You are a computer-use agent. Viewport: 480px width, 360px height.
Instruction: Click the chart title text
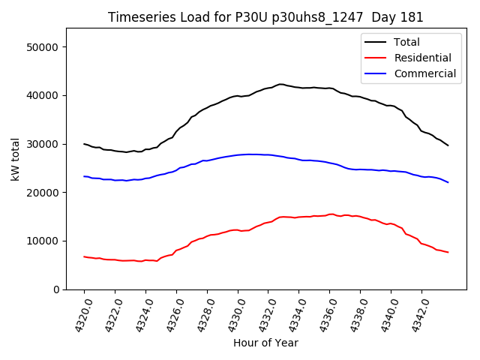point(265,17)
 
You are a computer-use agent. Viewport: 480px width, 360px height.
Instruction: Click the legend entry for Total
point(406,42)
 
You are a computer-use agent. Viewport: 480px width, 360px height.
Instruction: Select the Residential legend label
point(422,58)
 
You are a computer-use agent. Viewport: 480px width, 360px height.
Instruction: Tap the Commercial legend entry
point(424,73)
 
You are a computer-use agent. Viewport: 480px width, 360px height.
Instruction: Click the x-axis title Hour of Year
point(265,343)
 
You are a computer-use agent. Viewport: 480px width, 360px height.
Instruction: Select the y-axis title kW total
point(14,159)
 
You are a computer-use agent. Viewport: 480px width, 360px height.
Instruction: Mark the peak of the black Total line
point(280,84)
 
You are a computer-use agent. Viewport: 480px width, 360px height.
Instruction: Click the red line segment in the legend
point(376,58)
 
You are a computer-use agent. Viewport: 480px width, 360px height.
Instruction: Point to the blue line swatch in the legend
point(376,73)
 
